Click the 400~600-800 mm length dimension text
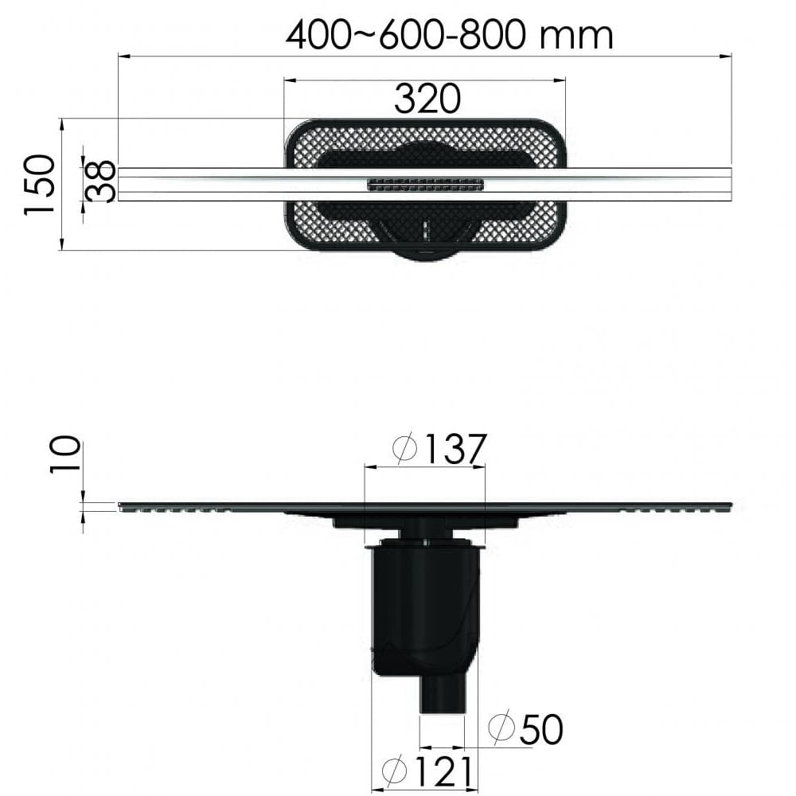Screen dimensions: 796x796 tap(449, 36)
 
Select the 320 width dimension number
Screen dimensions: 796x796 tap(427, 99)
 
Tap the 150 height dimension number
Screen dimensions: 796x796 tap(39, 185)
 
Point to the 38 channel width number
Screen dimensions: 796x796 tap(101, 181)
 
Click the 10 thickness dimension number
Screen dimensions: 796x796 tap(65, 455)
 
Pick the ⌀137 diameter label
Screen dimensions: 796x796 tap(440, 448)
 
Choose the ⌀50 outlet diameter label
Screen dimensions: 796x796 tap(525, 729)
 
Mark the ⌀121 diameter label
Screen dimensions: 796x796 tap(428, 771)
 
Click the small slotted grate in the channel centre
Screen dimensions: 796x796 tap(425, 185)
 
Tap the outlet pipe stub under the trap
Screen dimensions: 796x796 tap(442, 694)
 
